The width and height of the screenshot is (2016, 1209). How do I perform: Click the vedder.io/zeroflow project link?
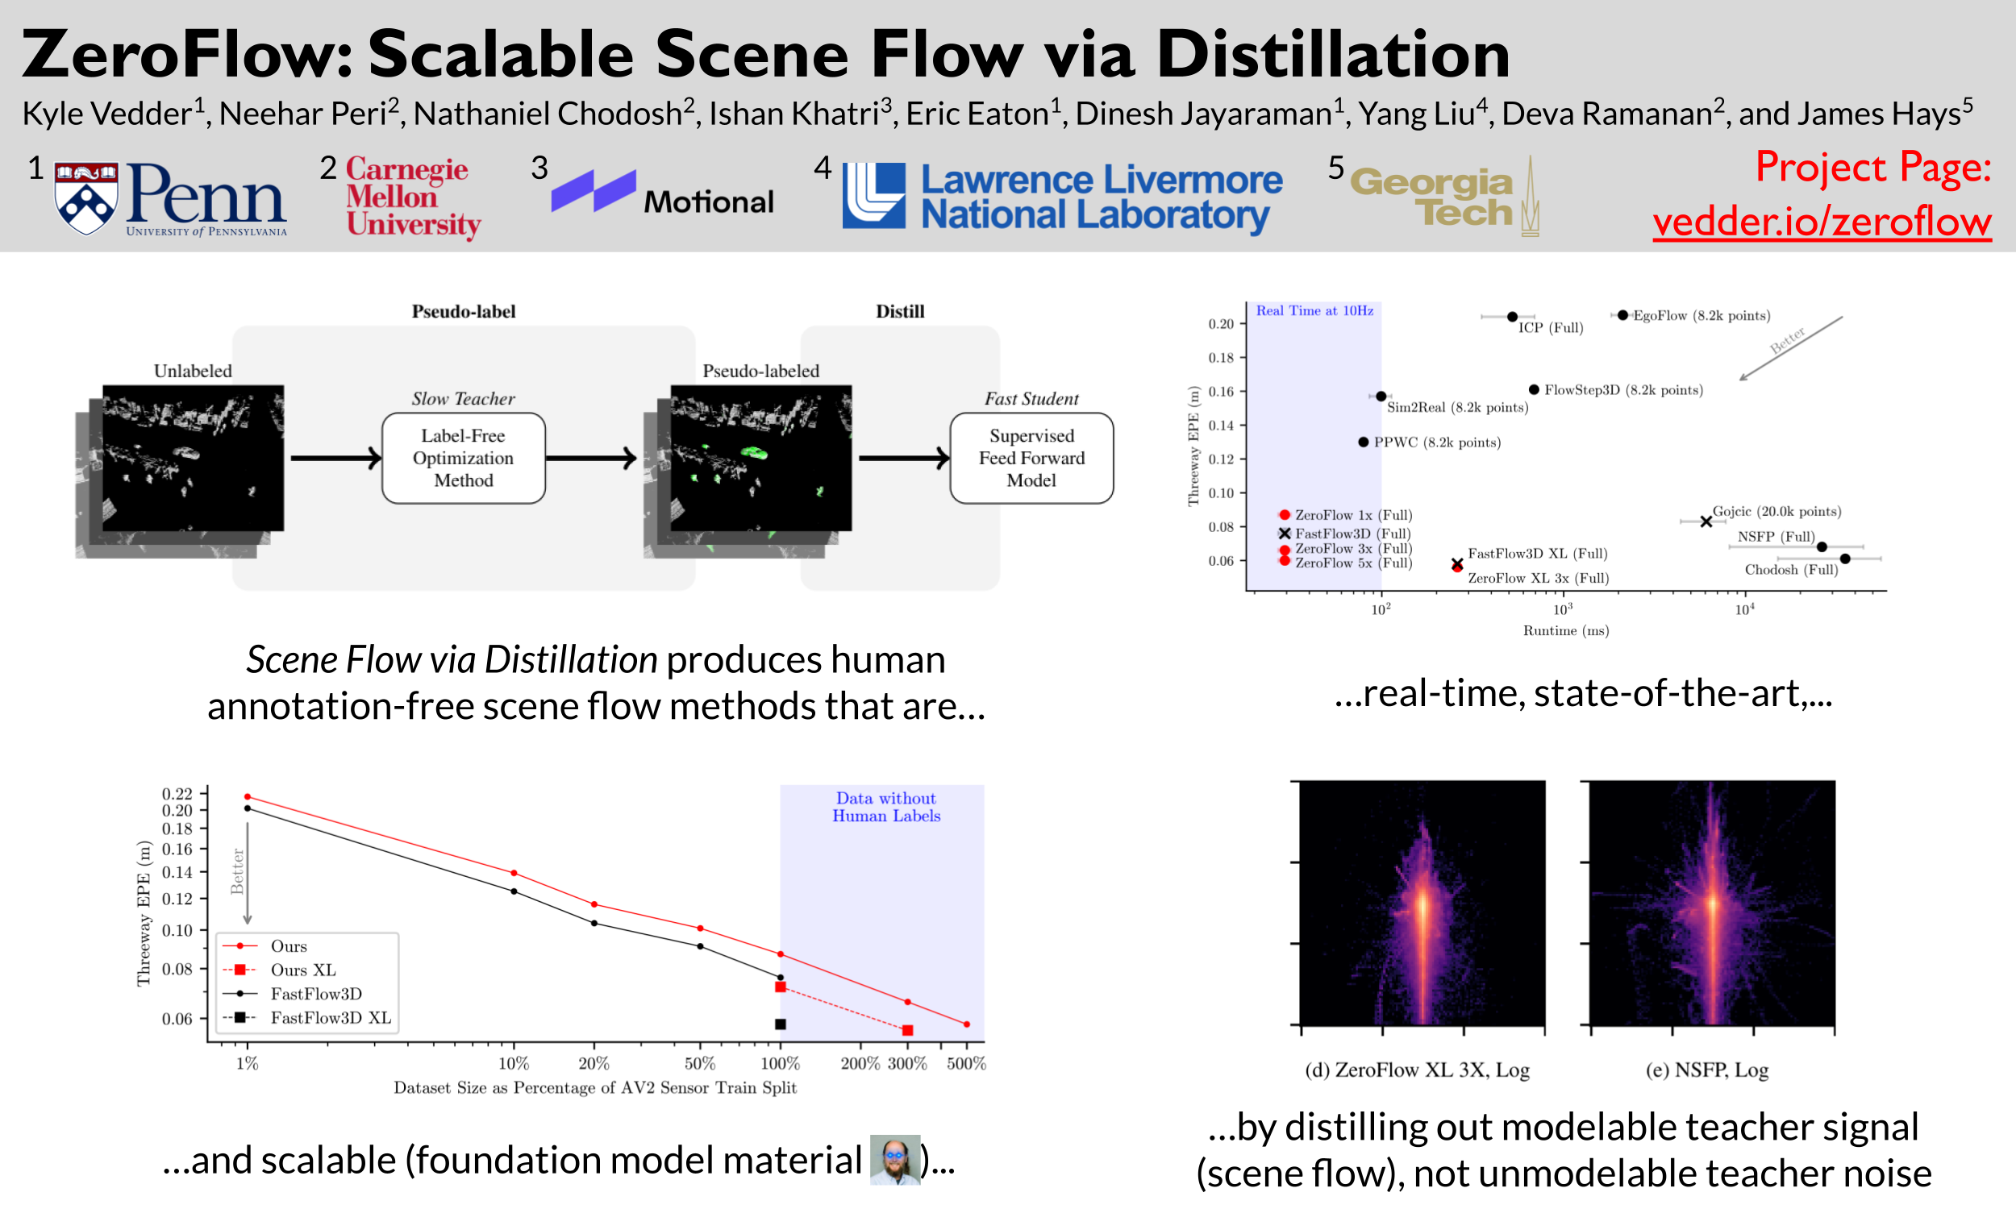coord(1821,222)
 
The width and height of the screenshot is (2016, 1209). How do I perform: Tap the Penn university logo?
coord(169,198)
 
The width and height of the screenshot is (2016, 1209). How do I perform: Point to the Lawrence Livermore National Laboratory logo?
coord(1062,197)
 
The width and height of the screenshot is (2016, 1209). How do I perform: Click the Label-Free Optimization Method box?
coord(463,458)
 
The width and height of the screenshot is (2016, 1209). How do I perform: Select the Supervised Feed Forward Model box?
coord(1031,458)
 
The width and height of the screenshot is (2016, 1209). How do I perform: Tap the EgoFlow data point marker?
coord(1622,315)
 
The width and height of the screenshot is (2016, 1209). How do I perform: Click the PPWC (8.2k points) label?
coord(1437,442)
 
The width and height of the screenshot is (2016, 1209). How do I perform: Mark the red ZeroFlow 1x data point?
coord(1285,515)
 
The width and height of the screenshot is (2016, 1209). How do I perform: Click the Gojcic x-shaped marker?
coord(1706,521)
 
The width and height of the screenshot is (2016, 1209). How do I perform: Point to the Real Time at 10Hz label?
coord(1314,310)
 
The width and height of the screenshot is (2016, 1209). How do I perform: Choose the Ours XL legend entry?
coord(302,970)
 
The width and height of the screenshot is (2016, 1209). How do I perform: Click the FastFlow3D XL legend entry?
coord(330,1017)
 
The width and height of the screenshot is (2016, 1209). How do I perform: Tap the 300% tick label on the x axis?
coord(907,1063)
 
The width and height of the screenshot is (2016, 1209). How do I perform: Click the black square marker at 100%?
coord(780,1024)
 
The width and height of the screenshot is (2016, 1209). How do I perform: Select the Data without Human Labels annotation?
coord(885,807)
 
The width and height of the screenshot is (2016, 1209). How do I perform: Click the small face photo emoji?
coord(895,1159)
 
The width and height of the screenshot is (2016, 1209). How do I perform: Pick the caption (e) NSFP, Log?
coord(1706,1070)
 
